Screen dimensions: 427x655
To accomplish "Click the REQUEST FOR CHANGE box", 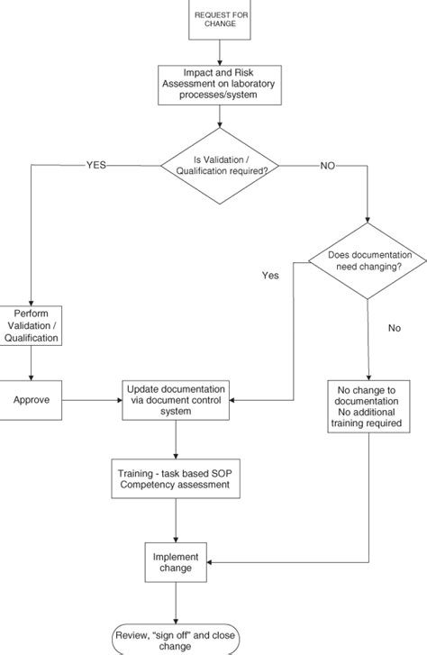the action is [x=220, y=20].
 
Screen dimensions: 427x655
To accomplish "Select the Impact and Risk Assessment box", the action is [x=220, y=85].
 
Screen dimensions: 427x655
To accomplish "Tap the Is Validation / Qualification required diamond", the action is [x=220, y=166].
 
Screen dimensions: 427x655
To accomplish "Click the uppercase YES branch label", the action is [x=96, y=165].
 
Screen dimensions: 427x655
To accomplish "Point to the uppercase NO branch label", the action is [x=328, y=166].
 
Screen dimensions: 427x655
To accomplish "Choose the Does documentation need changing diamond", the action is [x=368, y=261].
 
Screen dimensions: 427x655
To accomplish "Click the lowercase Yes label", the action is [x=270, y=276].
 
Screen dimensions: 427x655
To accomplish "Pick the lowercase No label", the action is [x=395, y=328].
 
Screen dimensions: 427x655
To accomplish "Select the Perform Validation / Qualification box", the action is [x=31, y=325].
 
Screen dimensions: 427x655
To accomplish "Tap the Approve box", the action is [x=31, y=400].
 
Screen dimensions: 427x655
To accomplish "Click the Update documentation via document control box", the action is [x=176, y=400].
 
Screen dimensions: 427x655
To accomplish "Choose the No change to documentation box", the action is [x=368, y=406].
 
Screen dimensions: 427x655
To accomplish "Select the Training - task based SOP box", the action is [x=176, y=478].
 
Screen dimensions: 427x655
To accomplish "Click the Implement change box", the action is [x=176, y=562].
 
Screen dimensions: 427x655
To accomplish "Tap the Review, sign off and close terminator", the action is [x=176, y=640].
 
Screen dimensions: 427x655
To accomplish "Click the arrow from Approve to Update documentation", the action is [x=92, y=400].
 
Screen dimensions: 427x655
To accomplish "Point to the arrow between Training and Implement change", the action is [x=176, y=521].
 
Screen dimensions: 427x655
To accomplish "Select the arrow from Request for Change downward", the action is [x=220, y=52].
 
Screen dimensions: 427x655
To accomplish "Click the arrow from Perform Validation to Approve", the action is [x=31, y=363].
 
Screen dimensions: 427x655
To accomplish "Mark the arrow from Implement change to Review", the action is [x=176, y=604].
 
